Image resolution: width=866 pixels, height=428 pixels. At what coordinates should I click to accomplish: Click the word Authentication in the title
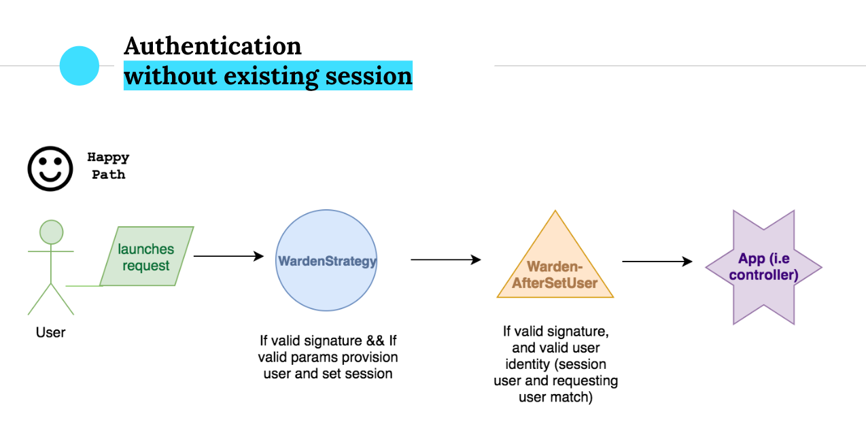pos(213,46)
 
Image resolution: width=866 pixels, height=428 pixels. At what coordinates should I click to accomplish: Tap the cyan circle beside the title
pos(80,66)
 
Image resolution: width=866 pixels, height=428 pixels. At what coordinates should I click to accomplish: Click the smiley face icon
pos(50,168)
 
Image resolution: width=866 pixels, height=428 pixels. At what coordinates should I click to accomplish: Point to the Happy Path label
pos(108,166)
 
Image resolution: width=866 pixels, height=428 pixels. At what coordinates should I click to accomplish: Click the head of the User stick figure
pos(51,232)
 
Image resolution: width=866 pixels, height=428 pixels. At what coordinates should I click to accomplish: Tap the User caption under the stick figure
pos(51,333)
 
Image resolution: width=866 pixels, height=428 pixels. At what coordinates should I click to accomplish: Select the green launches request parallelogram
pos(146,257)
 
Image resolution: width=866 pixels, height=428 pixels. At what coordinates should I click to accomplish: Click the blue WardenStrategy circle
pos(327,260)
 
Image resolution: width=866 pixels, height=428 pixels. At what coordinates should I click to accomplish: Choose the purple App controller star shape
pos(763,267)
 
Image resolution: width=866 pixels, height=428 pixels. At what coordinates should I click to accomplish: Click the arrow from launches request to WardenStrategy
pos(228,256)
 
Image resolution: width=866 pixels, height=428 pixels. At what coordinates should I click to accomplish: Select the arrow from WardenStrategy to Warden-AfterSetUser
pos(445,260)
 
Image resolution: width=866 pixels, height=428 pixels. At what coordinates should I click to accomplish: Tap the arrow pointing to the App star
pos(657,262)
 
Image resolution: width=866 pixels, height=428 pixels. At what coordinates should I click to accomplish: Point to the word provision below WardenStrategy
pos(370,357)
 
